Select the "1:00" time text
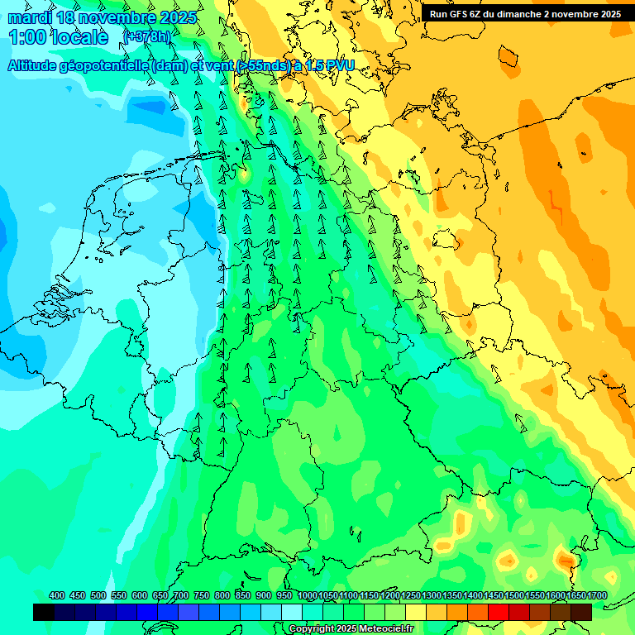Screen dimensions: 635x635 (26, 37)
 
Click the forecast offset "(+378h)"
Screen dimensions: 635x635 (146, 36)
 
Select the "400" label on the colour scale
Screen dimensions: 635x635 (57, 595)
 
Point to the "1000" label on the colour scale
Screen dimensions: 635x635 (307, 595)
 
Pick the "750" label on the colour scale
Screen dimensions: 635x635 (202, 595)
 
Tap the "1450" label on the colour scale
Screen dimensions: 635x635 (494, 595)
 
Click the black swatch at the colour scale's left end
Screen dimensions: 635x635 (44, 612)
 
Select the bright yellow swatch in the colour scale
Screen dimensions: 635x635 (416, 612)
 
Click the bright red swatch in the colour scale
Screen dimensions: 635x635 (499, 612)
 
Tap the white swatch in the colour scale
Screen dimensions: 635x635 (292, 612)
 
